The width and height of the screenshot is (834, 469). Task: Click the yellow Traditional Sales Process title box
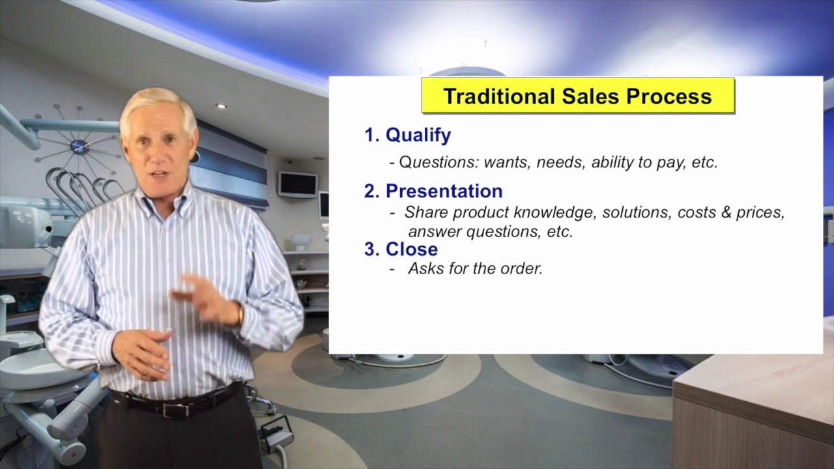pos(578,96)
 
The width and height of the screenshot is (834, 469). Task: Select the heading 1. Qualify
pos(407,135)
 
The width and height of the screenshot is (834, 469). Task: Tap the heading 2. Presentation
pos(433,191)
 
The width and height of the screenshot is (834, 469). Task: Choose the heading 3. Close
pos(401,249)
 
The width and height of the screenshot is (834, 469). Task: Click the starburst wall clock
pos(79,146)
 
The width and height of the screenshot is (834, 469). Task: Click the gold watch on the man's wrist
pos(240,314)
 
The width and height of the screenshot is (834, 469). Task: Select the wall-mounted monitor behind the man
pos(298,184)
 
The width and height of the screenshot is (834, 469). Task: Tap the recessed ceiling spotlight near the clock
pos(221,106)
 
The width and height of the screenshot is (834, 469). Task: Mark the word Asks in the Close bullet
pos(426,268)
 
